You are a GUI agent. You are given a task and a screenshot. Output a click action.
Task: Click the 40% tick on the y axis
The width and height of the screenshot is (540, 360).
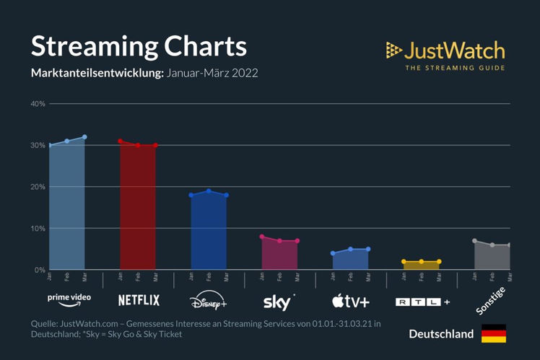point(38,104)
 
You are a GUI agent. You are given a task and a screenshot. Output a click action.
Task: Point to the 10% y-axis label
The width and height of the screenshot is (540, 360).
point(38,229)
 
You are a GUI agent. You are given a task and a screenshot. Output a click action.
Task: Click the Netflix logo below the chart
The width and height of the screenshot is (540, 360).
point(139,300)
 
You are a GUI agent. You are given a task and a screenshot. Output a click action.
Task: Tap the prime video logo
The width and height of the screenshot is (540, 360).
point(69,298)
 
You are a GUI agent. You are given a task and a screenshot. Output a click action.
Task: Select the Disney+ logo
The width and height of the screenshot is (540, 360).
point(209,301)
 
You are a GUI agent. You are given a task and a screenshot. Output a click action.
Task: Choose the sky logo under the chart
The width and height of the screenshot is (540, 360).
point(279,300)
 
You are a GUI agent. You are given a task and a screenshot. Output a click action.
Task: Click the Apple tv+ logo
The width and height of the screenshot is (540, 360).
point(351,300)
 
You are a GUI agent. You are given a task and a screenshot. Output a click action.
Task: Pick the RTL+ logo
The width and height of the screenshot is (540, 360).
point(422,302)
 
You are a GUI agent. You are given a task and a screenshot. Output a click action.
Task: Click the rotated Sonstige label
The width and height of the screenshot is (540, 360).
point(491,300)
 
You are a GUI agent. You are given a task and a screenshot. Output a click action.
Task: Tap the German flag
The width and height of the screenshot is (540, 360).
point(494,333)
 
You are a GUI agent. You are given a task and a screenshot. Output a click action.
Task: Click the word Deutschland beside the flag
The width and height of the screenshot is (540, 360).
point(441,334)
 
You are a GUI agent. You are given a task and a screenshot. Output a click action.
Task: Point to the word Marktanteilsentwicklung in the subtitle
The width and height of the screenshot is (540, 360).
point(97,74)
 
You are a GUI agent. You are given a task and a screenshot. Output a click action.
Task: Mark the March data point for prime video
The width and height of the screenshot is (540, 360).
point(84,137)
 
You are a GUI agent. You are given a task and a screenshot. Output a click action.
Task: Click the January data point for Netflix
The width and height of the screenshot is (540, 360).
point(121,141)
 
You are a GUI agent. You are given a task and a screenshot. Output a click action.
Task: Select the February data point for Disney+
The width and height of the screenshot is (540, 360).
point(209,191)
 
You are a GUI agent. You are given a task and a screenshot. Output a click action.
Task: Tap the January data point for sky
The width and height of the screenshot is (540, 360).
point(262,237)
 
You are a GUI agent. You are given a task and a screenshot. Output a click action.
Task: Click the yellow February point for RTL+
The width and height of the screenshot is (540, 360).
point(422,262)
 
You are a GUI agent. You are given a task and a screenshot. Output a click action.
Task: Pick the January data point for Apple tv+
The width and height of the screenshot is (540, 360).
point(333,253)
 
